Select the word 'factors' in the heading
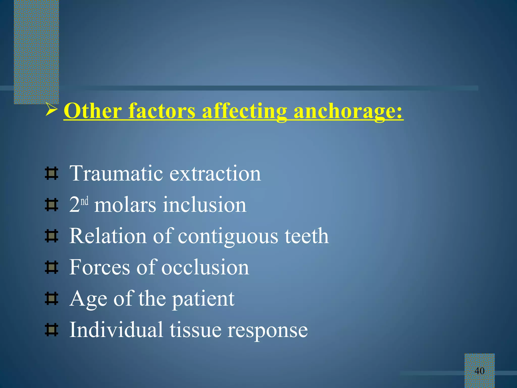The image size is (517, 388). click(x=162, y=111)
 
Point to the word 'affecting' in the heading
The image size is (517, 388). click(x=244, y=111)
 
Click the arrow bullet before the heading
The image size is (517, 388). click(x=51, y=110)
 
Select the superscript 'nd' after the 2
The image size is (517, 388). click(x=85, y=201)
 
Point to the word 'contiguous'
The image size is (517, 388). click(x=228, y=236)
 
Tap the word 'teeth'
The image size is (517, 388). click(x=307, y=236)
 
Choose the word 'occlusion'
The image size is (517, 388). click(x=205, y=267)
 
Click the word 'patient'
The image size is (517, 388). click(x=203, y=299)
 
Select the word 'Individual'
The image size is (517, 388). click(x=116, y=330)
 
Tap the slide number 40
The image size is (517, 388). click(x=479, y=371)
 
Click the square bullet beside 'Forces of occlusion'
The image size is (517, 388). click(x=51, y=268)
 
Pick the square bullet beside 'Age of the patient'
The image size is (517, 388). click(x=51, y=299)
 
